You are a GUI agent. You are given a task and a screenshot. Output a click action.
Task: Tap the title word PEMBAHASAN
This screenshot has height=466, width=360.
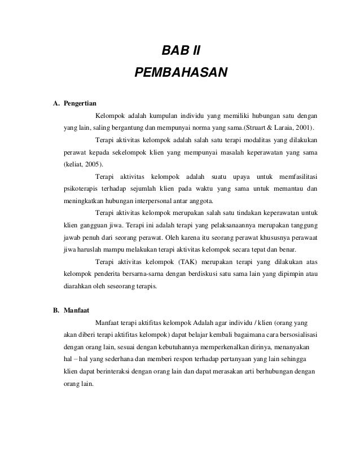click(180, 73)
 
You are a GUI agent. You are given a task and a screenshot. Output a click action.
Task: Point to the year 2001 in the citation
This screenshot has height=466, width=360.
click(304, 127)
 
